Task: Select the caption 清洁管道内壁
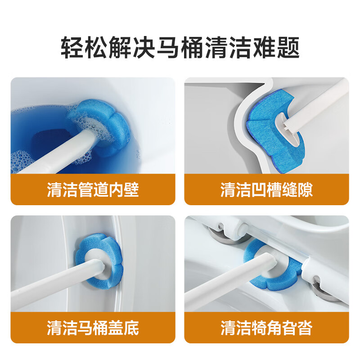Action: pos(93,189)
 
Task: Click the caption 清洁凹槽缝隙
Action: pos(266,189)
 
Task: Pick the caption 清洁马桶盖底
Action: pos(93,327)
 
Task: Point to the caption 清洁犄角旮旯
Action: pos(266,327)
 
